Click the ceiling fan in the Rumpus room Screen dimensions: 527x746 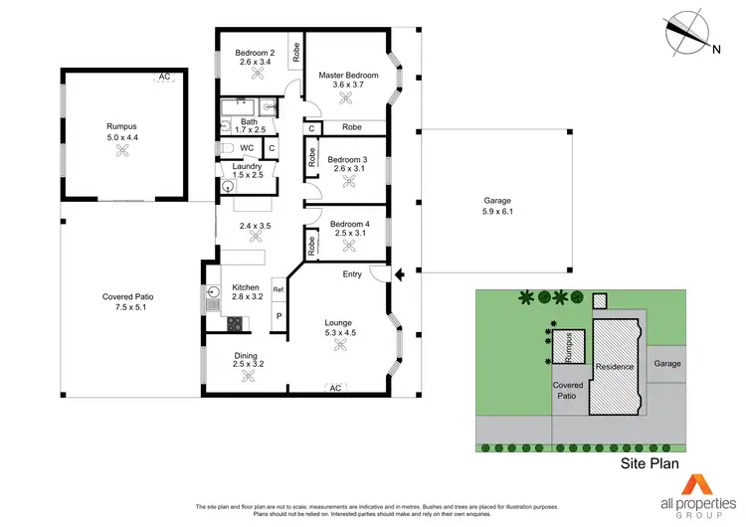coord(122,150)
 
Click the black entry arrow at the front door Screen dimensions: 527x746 coord(399,274)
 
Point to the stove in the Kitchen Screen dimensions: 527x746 coord(236,322)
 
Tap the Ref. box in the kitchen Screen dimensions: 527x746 coord(279,290)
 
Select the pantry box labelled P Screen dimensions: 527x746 coord(279,316)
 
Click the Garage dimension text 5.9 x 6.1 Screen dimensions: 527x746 coord(496,212)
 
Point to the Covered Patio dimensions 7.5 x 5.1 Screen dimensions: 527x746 coord(129,308)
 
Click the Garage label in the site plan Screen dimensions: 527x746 coord(667,364)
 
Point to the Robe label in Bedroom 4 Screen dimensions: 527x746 coord(312,248)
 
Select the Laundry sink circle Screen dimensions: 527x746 coord(229,185)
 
